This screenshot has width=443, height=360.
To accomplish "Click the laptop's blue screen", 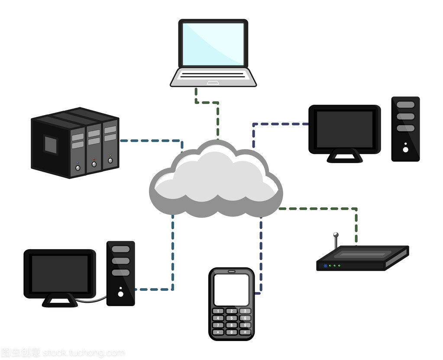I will tap(213, 44).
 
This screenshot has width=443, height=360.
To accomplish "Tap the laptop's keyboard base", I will tap(213, 77).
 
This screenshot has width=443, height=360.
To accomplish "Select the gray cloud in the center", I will tap(215, 182).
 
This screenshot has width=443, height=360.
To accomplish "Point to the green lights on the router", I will tap(334, 266).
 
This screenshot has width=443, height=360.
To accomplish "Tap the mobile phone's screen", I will tap(231, 289).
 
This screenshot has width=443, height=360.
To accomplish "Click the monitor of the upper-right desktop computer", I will tap(344, 129).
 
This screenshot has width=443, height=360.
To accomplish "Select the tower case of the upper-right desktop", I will tap(405, 129).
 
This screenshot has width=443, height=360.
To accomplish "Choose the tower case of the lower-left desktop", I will tap(120, 273).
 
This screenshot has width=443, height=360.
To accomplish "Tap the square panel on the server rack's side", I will tap(51, 144).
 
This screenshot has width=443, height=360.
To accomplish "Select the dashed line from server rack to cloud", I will tap(152, 141).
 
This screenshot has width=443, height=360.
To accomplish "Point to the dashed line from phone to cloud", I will tap(261, 255).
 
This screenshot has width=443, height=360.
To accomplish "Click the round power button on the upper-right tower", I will tap(405, 149).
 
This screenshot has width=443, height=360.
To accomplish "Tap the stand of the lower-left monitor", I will tap(60, 300).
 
